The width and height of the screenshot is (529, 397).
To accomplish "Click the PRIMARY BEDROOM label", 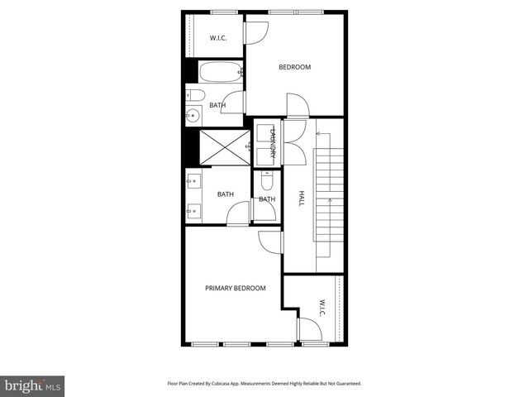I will pos(236,288).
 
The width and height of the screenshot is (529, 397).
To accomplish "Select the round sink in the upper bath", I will pos(193,116).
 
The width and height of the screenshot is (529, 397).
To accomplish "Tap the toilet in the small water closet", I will pos(267,181).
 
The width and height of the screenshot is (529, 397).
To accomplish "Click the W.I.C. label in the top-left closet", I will pos(218,38).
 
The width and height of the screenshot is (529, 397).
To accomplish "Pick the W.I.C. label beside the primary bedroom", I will pos(322,307).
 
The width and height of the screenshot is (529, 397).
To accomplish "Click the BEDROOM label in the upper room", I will pos(294,67).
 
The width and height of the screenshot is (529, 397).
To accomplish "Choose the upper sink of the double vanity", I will pos(191,179).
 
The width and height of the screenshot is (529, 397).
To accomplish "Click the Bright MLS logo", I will pos(32,385).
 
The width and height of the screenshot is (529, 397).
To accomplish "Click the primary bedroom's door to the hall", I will pos(271,242).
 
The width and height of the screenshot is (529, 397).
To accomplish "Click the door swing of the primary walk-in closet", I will pos(310,331).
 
